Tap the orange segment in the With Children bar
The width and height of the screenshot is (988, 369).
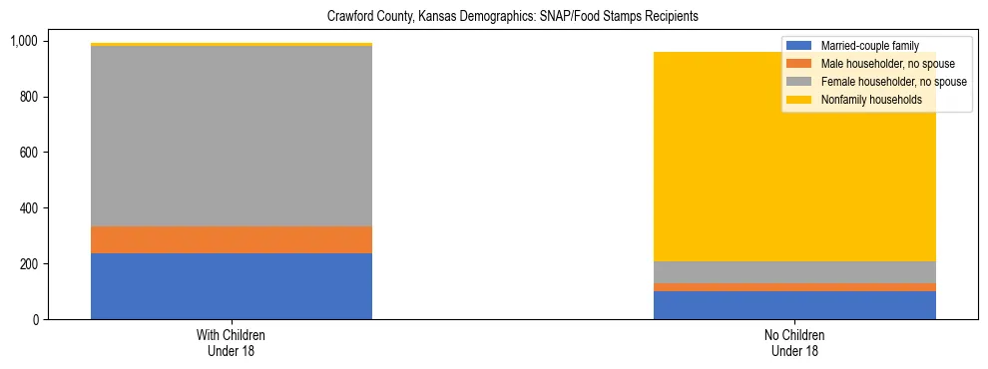[232, 240]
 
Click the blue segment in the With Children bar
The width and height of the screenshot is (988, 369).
[232, 286]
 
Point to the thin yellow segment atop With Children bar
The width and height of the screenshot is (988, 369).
[232, 44]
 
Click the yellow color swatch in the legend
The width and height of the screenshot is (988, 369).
[799, 100]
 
